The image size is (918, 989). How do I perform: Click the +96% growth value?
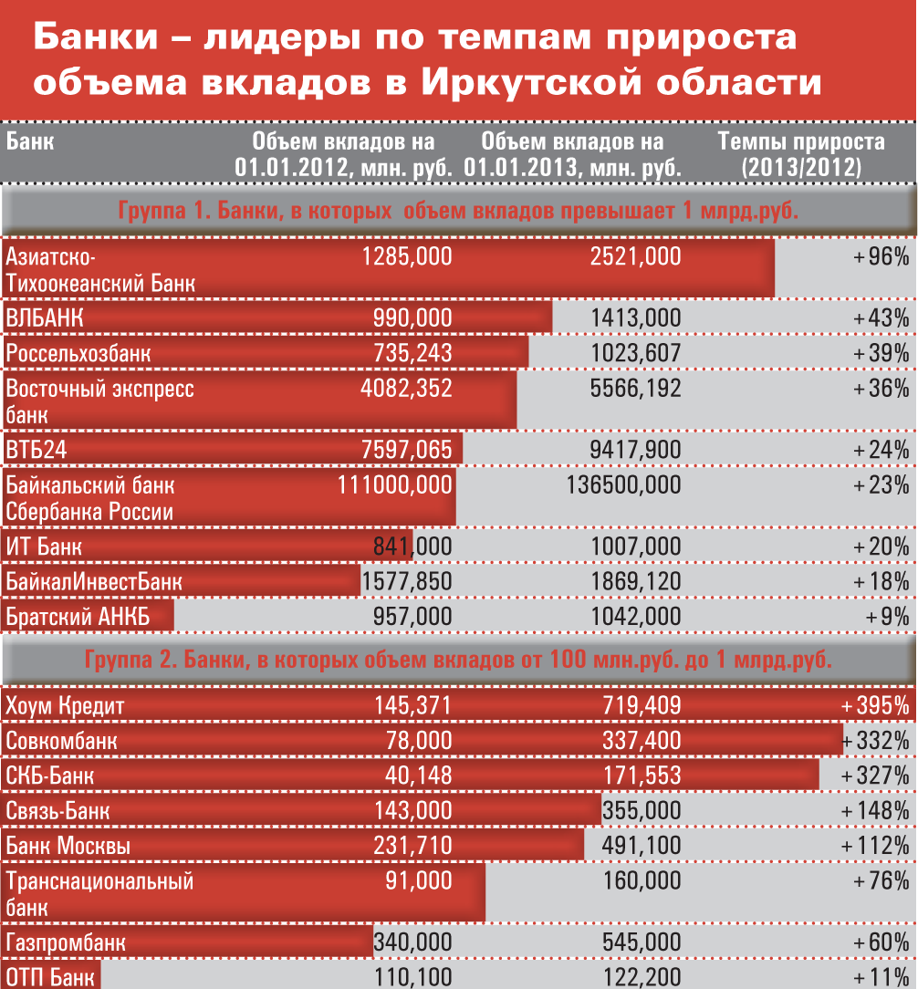tap(881, 256)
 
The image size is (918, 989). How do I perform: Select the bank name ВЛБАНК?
tap(45, 318)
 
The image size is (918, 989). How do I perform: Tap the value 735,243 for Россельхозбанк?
tap(412, 352)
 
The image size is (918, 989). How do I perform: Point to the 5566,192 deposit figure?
tap(635, 388)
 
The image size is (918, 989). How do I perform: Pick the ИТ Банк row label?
tap(44, 547)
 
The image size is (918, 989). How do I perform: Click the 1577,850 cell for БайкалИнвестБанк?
tap(407, 581)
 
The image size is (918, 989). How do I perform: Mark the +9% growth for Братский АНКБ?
tap(887, 616)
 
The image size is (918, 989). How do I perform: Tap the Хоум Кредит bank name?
tap(65, 705)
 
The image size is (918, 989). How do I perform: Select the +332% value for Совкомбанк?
tap(877, 740)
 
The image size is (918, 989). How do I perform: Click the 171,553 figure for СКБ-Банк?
tap(642, 776)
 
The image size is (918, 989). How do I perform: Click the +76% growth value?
tap(881, 881)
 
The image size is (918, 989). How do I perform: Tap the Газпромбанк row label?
tap(66, 942)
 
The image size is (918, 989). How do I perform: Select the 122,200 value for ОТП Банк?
tap(642, 978)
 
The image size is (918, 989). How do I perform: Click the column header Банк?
tap(29, 142)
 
